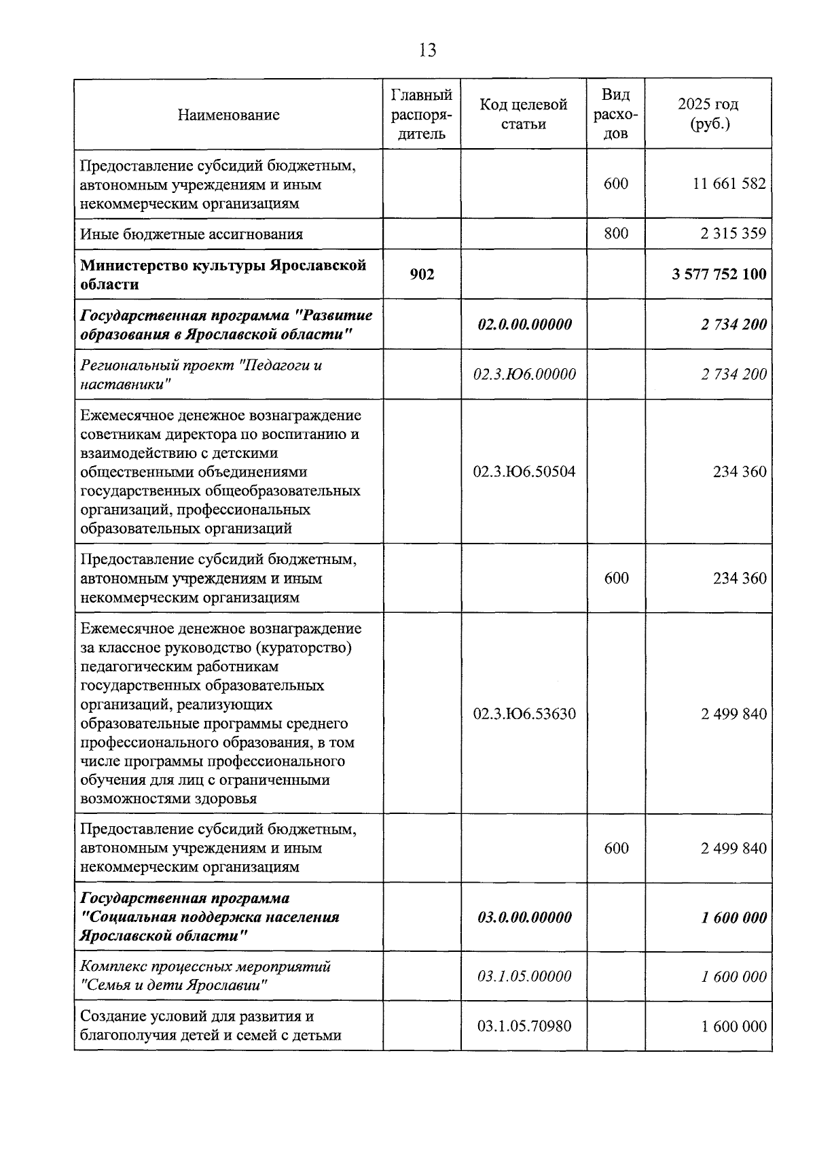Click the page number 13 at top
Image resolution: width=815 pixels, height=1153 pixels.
(x=428, y=50)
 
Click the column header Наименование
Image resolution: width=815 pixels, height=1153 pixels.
(x=228, y=115)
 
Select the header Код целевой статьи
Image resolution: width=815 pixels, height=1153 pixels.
(x=524, y=114)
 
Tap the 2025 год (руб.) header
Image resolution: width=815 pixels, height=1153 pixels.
(x=708, y=114)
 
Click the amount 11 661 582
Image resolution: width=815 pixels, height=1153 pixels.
(x=729, y=183)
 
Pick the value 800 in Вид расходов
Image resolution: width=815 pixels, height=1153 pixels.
(x=616, y=234)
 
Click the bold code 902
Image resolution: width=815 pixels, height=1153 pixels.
(x=422, y=274)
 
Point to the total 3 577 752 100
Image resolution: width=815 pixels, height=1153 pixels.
(x=719, y=274)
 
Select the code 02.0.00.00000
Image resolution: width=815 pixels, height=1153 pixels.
(x=524, y=324)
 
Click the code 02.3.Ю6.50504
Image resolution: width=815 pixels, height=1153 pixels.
(x=524, y=472)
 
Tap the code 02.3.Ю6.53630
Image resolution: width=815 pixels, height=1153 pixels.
(x=524, y=713)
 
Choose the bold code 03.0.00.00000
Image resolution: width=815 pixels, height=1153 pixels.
(x=524, y=917)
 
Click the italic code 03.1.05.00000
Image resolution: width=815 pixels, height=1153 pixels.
(x=524, y=976)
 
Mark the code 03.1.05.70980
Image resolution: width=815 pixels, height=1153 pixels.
(x=524, y=1026)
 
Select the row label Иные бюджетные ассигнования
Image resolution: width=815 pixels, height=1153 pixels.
(x=192, y=234)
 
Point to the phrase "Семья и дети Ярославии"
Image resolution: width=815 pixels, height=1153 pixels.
(x=170, y=986)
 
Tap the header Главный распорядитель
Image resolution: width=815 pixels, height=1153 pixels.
(x=422, y=114)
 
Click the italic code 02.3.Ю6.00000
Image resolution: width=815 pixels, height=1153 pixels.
(x=524, y=374)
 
